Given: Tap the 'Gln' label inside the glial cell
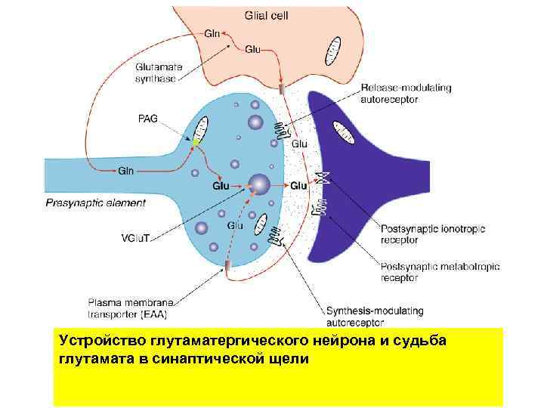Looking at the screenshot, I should click(x=213, y=33).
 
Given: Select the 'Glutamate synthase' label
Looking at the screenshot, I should click(x=159, y=72).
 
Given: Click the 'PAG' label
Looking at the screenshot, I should click(x=149, y=119).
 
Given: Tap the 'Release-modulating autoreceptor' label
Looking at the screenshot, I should click(x=406, y=94).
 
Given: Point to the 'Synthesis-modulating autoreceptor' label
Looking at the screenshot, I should click(x=375, y=317).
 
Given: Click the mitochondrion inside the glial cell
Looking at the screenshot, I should click(x=333, y=50).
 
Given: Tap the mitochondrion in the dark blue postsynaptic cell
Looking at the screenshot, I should click(x=346, y=134).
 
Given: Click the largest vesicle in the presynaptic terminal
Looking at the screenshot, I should click(x=258, y=184).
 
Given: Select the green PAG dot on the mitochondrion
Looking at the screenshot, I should click(x=195, y=141).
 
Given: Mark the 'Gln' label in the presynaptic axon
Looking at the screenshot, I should click(x=126, y=170).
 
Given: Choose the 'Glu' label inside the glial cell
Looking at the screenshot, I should click(x=253, y=49).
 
